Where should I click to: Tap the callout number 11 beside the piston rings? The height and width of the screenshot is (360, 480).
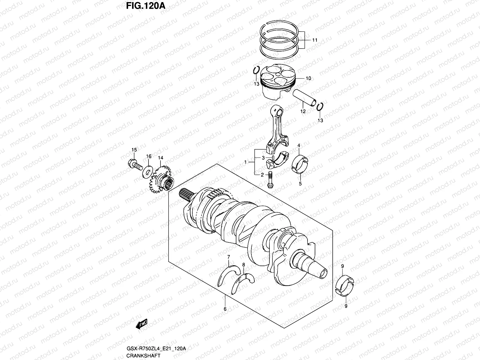click(x=314, y=40)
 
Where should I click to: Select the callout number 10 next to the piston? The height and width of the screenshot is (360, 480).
click(x=308, y=78)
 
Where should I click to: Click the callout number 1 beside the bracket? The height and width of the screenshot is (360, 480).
click(x=245, y=162)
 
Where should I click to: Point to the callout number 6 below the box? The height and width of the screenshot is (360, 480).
click(x=225, y=309)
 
